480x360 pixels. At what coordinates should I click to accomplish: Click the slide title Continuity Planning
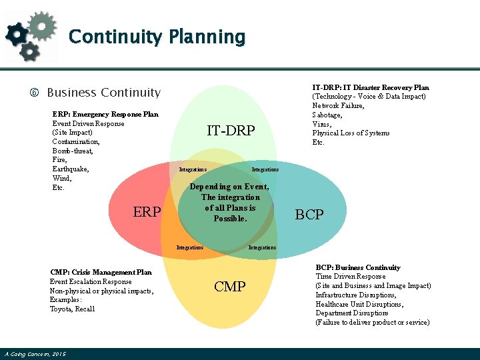coord(157,36)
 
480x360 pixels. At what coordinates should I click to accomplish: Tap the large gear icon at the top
coord(41,25)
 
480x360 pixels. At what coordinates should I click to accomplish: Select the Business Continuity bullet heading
coord(103,93)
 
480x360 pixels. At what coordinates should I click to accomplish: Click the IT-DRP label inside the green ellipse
coord(231,131)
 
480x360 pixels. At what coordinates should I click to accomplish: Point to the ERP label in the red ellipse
coord(147,212)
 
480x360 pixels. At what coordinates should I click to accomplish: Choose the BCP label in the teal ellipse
coord(309,215)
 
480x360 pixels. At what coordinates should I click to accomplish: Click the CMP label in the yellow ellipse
coord(230,287)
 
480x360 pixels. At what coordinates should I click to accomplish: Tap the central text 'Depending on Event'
coord(229,187)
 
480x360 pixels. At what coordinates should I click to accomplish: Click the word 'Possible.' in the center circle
coord(230,219)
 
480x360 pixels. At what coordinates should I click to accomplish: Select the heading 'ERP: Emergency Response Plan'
coord(105,114)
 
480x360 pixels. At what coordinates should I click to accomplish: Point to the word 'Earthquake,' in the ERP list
coord(71,169)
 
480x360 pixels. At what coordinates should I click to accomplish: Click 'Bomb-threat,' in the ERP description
coord(73,151)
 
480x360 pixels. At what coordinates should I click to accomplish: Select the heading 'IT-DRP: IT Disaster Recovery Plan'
coord(371,87)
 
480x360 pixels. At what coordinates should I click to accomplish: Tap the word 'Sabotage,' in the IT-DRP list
coord(327,115)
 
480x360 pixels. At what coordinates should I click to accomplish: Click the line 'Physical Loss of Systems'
coord(351,133)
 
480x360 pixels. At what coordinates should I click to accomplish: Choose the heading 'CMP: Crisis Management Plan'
coord(101,272)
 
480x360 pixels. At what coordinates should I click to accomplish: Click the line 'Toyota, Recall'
coord(72,309)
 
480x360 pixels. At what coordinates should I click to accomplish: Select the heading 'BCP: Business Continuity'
coord(357,267)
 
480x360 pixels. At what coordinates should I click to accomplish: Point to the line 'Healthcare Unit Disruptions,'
coord(359,304)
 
